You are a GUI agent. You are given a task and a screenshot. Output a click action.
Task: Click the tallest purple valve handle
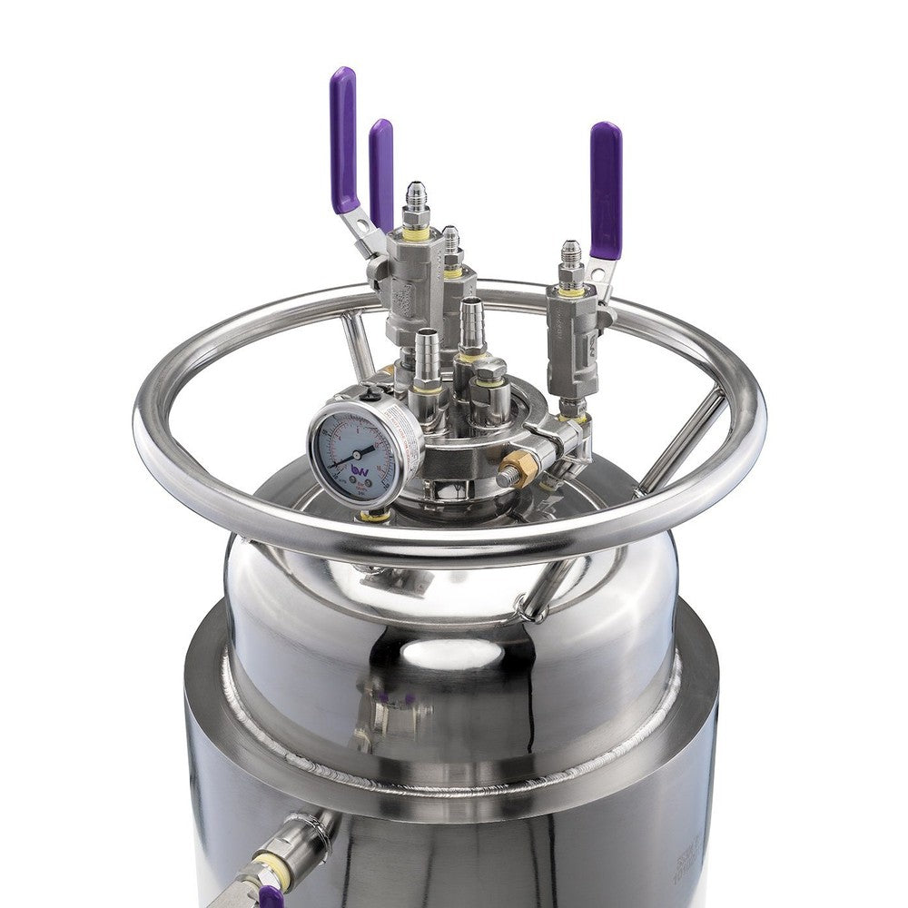[x=343, y=136]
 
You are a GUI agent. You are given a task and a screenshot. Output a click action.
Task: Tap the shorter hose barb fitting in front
[x=427, y=350]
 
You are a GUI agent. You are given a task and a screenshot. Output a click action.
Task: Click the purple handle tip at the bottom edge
[x=271, y=898]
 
